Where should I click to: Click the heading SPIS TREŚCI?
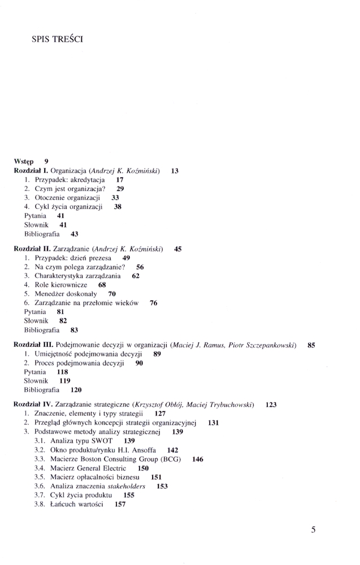(x=58, y=40)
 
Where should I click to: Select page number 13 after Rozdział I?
(x=175, y=170)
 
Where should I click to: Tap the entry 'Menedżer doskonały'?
(x=66, y=294)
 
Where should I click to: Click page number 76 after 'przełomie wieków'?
(x=154, y=303)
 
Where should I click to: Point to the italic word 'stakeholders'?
(x=125, y=486)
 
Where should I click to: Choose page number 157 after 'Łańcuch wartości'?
(x=120, y=504)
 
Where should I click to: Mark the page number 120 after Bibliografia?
(x=76, y=390)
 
